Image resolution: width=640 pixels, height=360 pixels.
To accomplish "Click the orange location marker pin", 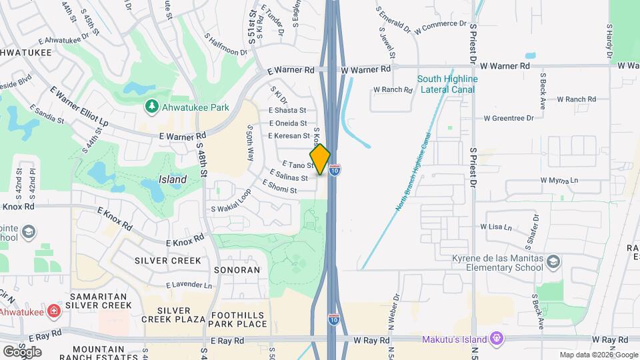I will click(320, 159).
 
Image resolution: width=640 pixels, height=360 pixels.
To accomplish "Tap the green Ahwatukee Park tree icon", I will click(152, 107).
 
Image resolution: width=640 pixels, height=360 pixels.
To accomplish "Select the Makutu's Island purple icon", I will click(495, 339).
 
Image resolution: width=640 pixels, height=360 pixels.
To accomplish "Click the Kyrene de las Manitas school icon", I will click(553, 263).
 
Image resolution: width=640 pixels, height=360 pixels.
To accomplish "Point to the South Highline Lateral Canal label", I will click(447, 84).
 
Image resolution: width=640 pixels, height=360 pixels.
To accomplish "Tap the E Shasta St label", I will click(287, 110).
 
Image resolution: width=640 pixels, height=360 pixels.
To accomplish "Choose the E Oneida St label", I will click(287, 123).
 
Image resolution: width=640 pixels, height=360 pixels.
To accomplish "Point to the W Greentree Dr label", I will click(509, 118).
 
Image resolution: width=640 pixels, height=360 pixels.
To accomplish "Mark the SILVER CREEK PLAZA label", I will click(182, 317).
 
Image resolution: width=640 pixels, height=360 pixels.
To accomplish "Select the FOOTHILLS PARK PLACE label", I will click(238, 320).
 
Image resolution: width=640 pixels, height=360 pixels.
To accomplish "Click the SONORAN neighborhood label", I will click(237, 270).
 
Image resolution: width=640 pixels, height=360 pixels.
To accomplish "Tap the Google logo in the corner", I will click(22, 351).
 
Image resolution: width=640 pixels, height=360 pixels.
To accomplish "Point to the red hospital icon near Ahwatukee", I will click(53, 311).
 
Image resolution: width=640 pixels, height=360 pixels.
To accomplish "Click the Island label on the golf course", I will click(172, 179).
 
